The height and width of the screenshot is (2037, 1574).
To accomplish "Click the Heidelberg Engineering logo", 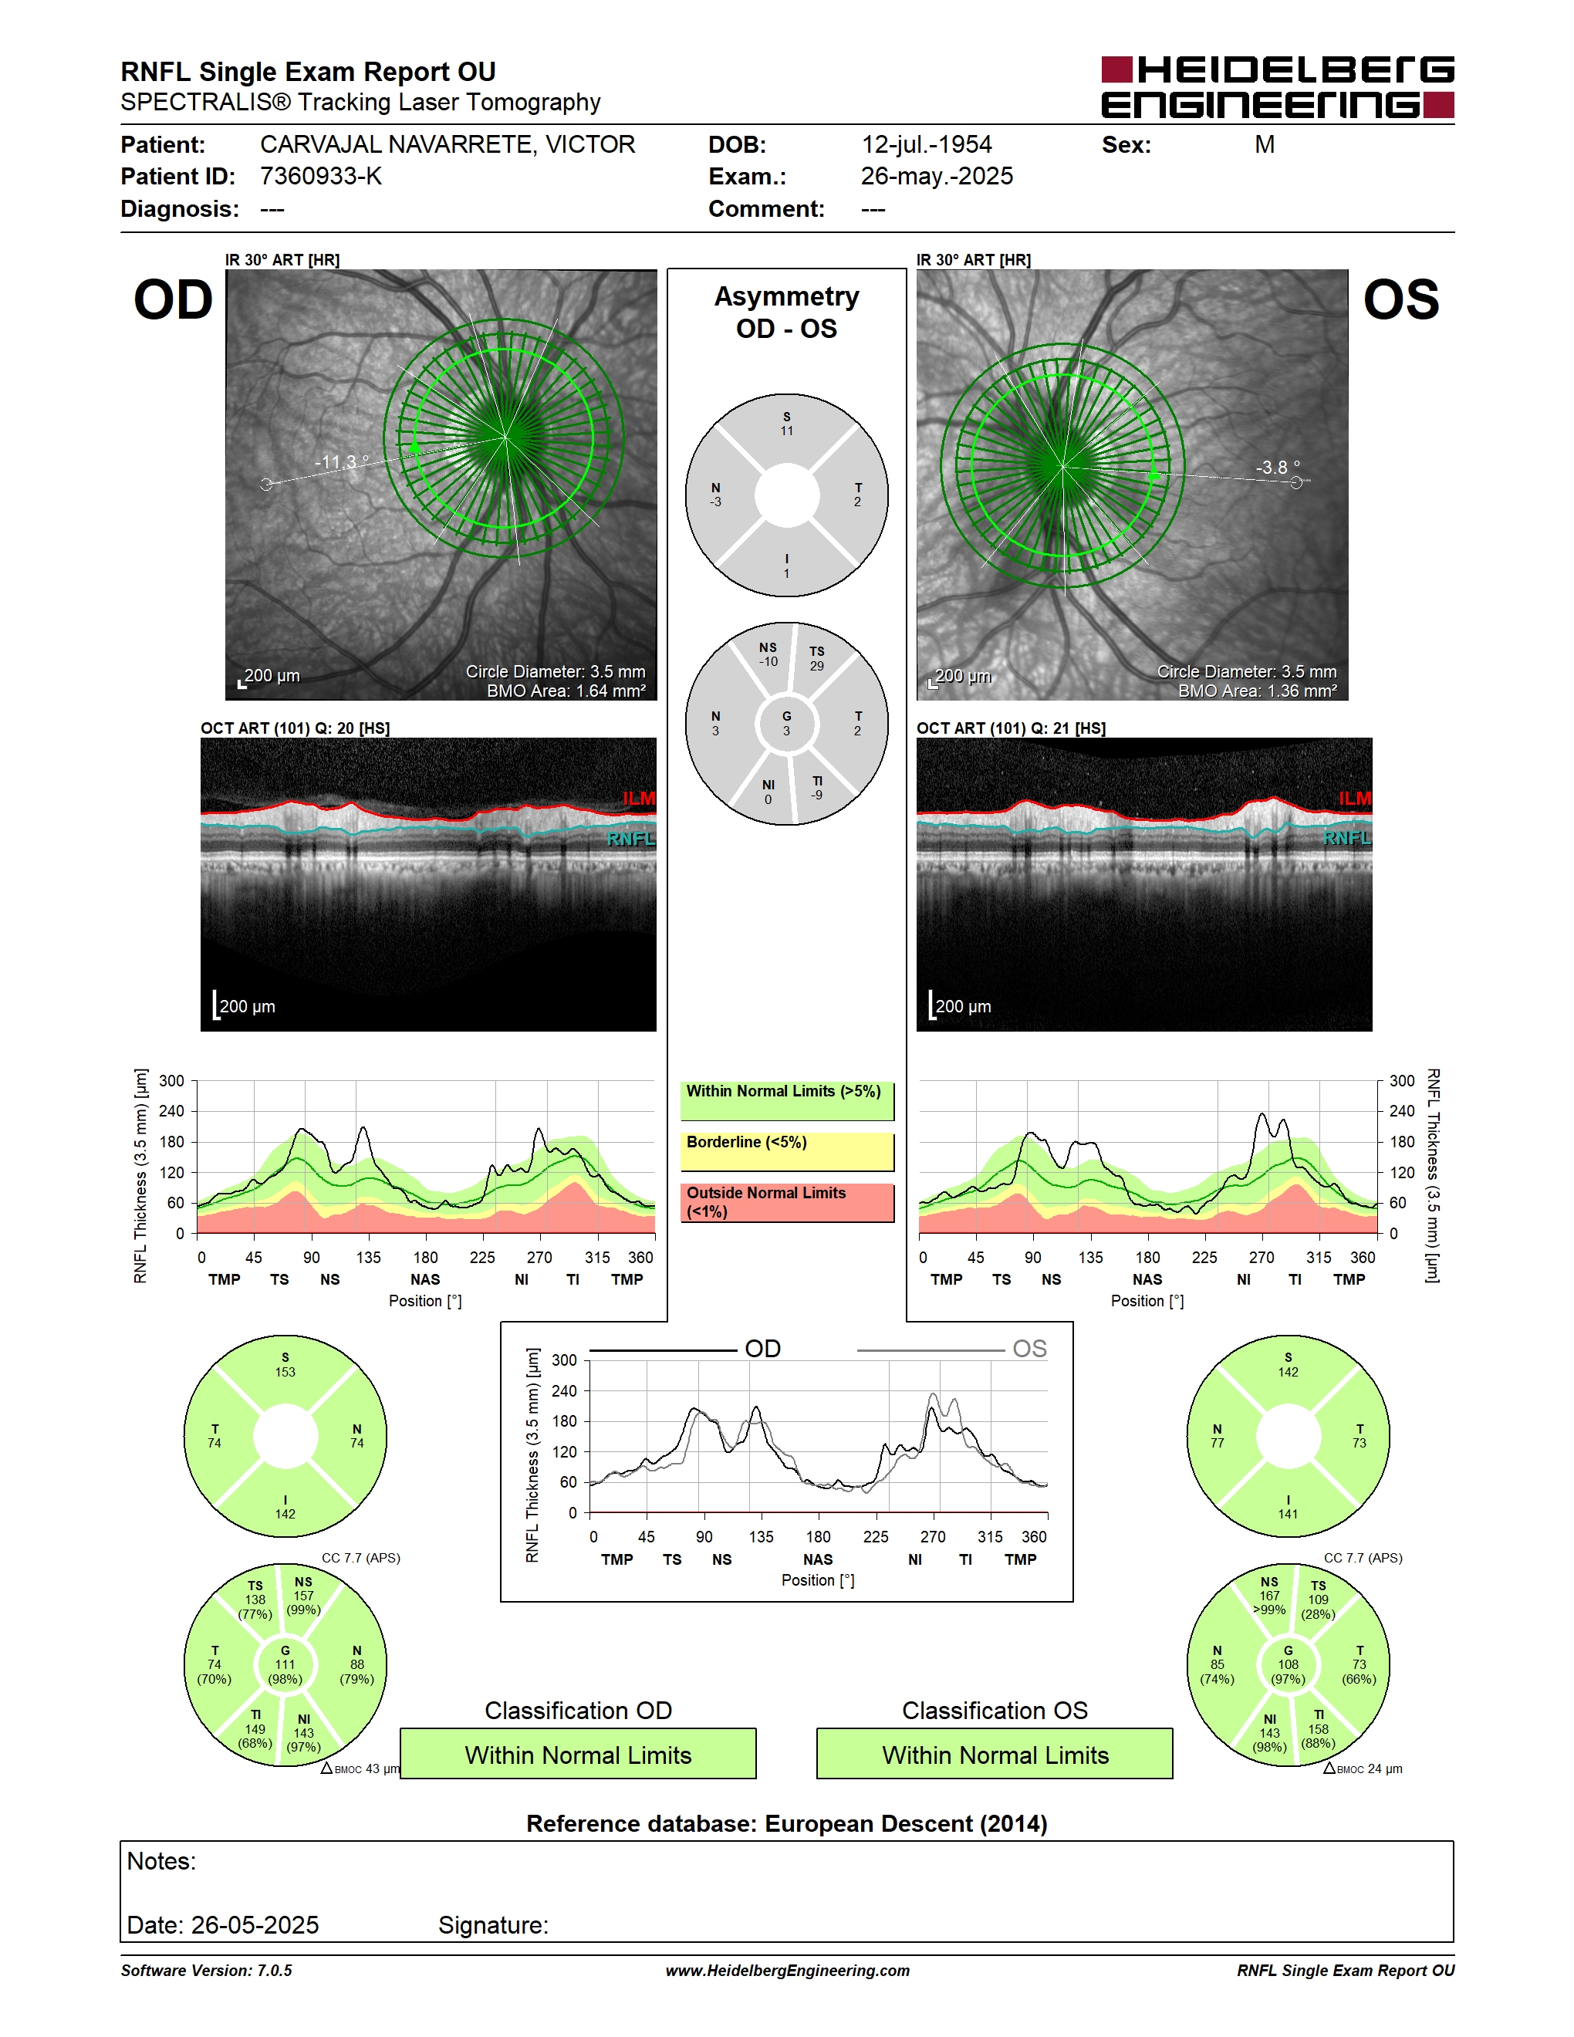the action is click(x=1278, y=86).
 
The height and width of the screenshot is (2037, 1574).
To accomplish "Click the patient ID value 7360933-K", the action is click(x=321, y=176).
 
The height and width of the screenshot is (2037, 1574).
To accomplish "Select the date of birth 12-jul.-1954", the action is click(x=926, y=144).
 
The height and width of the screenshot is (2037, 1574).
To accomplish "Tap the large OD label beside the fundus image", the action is click(x=174, y=299).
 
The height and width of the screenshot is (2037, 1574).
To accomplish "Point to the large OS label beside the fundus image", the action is click(x=1400, y=299).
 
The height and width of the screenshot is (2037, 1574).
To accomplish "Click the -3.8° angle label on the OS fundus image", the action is click(x=1278, y=468).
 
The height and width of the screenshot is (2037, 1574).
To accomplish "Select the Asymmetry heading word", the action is click(x=787, y=296).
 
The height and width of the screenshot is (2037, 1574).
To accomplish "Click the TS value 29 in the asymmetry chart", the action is click(x=817, y=666).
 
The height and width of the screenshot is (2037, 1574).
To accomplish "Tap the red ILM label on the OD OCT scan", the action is click(x=640, y=799).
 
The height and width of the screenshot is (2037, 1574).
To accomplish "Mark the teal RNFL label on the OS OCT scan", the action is click(x=1347, y=837).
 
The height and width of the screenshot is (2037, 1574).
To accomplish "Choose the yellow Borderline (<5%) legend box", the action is click(x=787, y=1152).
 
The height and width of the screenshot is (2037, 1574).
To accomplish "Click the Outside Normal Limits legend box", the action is click(x=787, y=1202).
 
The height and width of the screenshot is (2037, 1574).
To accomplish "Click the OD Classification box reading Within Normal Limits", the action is click(x=578, y=1754).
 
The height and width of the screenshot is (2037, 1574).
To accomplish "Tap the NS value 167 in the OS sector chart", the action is click(x=1269, y=1596).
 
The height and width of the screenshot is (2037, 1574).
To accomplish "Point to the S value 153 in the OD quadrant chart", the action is click(x=285, y=1372).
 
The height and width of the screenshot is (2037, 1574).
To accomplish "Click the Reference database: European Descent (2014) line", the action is click(x=787, y=1823).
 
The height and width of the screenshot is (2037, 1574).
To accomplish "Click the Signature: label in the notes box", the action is click(x=493, y=1925).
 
